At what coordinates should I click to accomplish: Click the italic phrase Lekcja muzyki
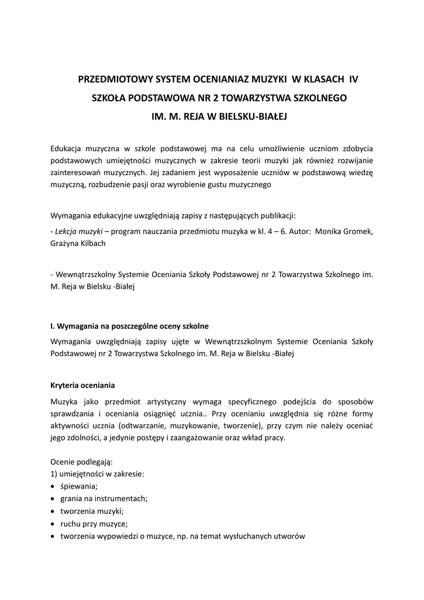(x=77, y=231)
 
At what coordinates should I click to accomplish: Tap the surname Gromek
(x=357, y=231)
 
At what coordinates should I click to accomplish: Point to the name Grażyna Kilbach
(x=78, y=243)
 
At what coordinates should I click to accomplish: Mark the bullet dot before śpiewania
(x=53, y=487)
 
